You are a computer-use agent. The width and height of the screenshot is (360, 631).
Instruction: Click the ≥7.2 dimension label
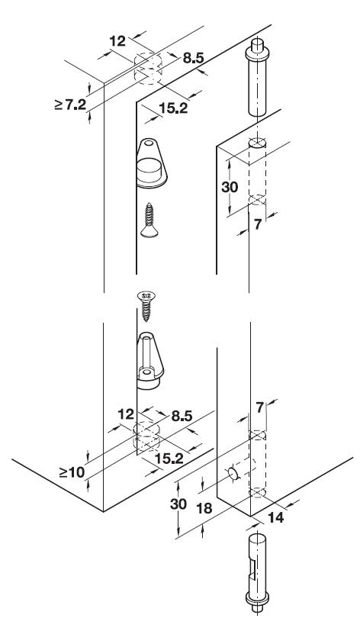coord(71,105)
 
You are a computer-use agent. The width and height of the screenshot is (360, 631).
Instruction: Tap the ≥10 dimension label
coord(72,472)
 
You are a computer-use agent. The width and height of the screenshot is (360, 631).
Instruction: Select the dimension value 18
coord(204,508)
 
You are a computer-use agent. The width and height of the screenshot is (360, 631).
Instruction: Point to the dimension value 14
coord(276,517)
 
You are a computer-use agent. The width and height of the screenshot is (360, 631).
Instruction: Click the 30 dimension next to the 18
coord(178,504)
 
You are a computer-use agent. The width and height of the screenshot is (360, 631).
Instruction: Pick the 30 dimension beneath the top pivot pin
coord(230,187)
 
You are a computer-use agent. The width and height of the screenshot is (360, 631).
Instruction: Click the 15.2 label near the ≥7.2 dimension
coord(173,108)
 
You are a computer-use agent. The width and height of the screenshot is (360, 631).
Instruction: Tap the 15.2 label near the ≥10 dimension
coord(169,459)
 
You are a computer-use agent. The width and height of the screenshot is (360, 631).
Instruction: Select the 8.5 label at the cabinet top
coord(194,58)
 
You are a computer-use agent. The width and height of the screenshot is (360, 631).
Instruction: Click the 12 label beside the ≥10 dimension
coord(126,414)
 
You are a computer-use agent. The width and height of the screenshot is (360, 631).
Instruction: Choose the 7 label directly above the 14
coord(260,407)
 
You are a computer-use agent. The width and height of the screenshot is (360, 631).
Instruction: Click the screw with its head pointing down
coord(149,221)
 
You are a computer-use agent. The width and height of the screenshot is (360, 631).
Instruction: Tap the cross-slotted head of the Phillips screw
coord(146,296)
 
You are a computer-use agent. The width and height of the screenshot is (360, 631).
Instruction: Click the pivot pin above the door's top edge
coord(258,76)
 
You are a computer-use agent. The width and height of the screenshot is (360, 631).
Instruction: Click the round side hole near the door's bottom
coord(233,474)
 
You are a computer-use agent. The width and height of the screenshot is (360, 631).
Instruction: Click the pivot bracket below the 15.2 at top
coord(151,163)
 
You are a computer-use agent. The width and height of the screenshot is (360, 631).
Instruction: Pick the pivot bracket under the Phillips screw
coord(149,361)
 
